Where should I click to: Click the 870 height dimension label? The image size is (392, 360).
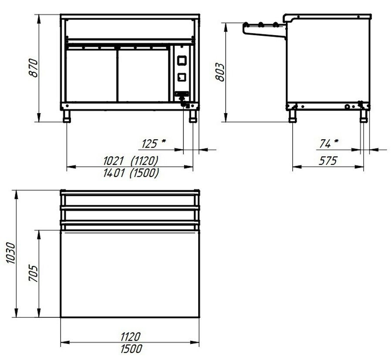click(x=33, y=68)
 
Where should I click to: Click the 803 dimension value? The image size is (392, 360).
click(x=220, y=72)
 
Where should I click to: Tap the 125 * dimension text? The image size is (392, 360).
click(x=153, y=143)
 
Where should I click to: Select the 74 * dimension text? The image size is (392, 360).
click(x=329, y=143)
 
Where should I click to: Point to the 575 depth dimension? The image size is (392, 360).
click(x=328, y=161)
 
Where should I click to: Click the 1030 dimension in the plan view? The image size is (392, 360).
click(x=11, y=252)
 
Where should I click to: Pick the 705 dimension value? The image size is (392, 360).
click(x=33, y=273)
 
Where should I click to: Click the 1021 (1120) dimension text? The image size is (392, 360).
click(x=131, y=161)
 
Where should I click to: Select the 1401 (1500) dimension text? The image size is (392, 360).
click(x=131, y=173)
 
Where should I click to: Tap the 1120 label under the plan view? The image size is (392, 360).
click(x=131, y=336)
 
